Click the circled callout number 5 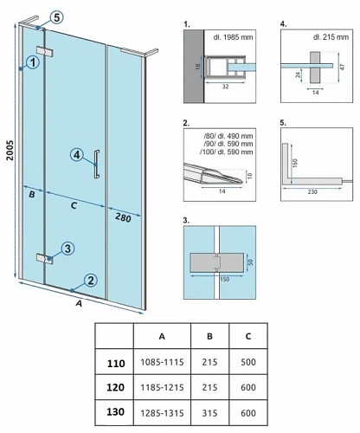(56, 17)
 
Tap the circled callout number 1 (33, 62)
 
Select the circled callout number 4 (77, 155)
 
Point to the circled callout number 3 (67, 249)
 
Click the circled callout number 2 (91, 281)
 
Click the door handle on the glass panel (97, 165)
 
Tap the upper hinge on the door (45, 52)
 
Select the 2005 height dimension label (10, 150)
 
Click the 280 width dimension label (123, 217)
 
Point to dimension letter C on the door (74, 205)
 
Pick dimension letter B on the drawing (32, 195)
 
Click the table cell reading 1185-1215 (162, 387)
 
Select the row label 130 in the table (115, 412)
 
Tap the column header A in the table (162, 336)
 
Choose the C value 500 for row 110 (248, 362)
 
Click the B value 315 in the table (209, 413)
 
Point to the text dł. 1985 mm (233, 37)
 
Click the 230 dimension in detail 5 (312, 191)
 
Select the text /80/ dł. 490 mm (228, 136)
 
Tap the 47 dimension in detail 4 (343, 67)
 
